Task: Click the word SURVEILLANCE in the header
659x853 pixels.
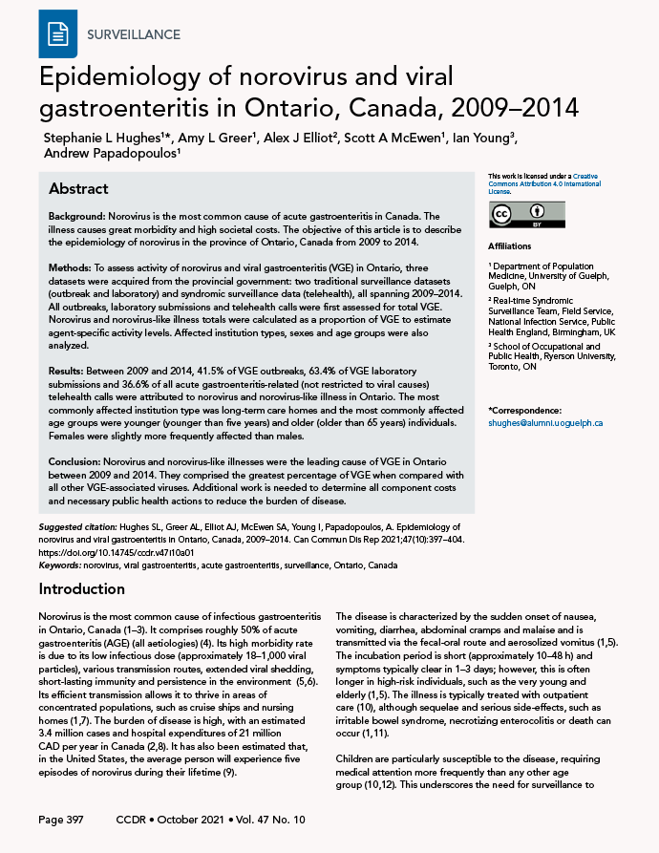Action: (133, 34)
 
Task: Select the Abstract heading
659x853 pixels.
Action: (78, 188)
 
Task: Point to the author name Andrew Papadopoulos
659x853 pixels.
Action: (111, 156)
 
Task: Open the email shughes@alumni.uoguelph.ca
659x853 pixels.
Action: (544, 422)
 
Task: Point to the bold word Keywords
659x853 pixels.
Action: (58, 565)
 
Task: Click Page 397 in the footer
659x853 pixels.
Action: (64, 821)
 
